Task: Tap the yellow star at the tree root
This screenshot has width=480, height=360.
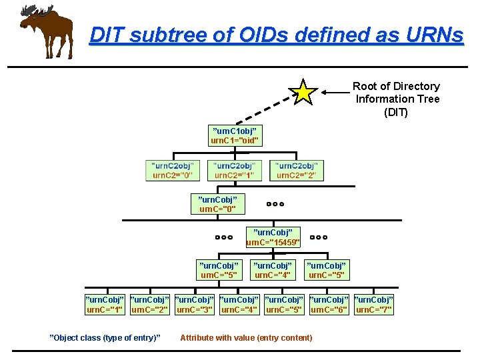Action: pos(304,92)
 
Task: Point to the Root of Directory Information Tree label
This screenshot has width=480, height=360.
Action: pos(396,99)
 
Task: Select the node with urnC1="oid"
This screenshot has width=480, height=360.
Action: pos(235,135)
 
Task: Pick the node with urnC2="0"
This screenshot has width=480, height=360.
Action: pos(173,171)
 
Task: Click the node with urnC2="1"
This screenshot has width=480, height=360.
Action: pos(234,171)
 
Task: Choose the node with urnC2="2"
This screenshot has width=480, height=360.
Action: pos(297,171)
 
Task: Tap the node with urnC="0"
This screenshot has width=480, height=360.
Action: pos(218,204)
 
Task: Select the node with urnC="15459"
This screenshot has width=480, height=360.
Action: pos(273,237)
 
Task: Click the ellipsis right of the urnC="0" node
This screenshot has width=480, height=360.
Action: pos(275,203)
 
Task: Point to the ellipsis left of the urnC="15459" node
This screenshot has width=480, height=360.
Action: pos(223,237)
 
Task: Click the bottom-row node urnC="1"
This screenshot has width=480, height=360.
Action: pos(105,304)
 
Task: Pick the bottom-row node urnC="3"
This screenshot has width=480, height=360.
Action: pos(194,304)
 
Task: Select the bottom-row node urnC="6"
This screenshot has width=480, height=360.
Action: pos(329,304)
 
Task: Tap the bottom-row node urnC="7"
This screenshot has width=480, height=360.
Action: pos(374,304)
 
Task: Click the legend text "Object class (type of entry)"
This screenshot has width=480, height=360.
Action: pos(105,338)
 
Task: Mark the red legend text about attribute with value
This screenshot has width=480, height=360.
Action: pos(246,338)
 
